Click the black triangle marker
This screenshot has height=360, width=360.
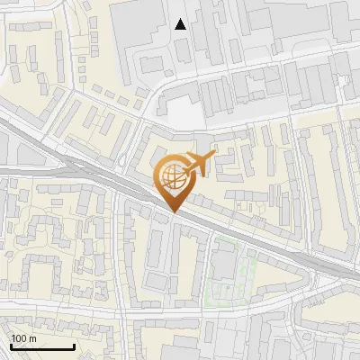(x=181, y=24)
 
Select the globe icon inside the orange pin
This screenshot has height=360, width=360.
(x=173, y=176)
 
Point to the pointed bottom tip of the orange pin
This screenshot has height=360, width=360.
(x=173, y=212)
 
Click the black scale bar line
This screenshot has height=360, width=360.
(x=42, y=347)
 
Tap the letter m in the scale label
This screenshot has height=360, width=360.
(x=32, y=338)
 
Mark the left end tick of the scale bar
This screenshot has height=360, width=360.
(x=12, y=346)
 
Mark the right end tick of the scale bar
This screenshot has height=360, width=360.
(x=74, y=346)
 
